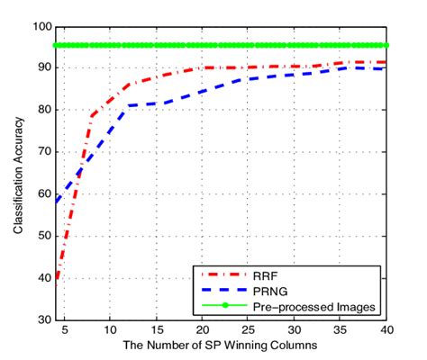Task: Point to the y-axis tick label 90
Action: pos(42,67)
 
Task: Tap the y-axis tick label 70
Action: pos(42,152)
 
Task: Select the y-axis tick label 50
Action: pos(42,236)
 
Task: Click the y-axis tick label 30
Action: pos(42,319)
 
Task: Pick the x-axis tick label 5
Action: pos(62,329)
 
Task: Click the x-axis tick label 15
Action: pos(156,329)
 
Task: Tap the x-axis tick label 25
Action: pos(249,329)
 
